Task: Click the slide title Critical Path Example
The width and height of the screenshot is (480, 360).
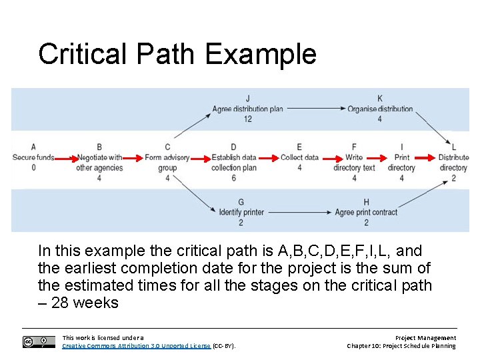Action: click(x=177, y=53)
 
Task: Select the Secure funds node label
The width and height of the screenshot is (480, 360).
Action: click(x=33, y=158)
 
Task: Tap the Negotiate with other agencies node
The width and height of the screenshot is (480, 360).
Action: click(x=99, y=163)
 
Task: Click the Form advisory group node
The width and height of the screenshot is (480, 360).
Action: click(x=167, y=163)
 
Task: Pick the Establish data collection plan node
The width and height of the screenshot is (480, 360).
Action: click(x=233, y=163)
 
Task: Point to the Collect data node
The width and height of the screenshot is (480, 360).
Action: click(x=299, y=158)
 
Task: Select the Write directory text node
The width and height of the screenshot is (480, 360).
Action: click(x=354, y=163)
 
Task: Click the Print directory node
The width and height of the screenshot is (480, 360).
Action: click(x=401, y=163)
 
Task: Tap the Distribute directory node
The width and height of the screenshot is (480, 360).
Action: click(x=453, y=163)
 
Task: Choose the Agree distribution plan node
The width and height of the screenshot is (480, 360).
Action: click(x=247, y=109)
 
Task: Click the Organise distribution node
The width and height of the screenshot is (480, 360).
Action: click(x=380, y=109)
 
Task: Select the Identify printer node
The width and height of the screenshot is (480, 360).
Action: click(x=241, y=212)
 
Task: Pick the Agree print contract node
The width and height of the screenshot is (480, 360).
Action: click(x=366, y=212)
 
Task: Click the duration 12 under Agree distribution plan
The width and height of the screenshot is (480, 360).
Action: click(x=247, y=119)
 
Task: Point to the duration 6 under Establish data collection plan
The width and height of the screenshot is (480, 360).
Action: click(x=233, y=178)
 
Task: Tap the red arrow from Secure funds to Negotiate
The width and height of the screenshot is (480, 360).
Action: click(x=65, y=159)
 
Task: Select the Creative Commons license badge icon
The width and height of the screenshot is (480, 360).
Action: click(x=39, y=342)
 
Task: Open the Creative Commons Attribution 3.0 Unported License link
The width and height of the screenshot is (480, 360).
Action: click(x=136, y=346)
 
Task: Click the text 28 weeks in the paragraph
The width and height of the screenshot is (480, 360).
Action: click(x=85, y=303)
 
